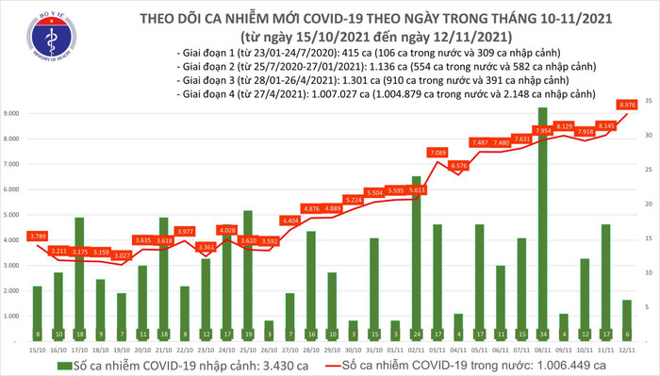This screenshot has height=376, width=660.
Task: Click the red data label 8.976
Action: point(627,105)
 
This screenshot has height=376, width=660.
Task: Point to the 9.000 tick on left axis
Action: point(17,113)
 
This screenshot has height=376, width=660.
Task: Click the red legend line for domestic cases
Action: point(327,363)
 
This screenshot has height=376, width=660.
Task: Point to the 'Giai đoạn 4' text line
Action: point(383,96)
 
